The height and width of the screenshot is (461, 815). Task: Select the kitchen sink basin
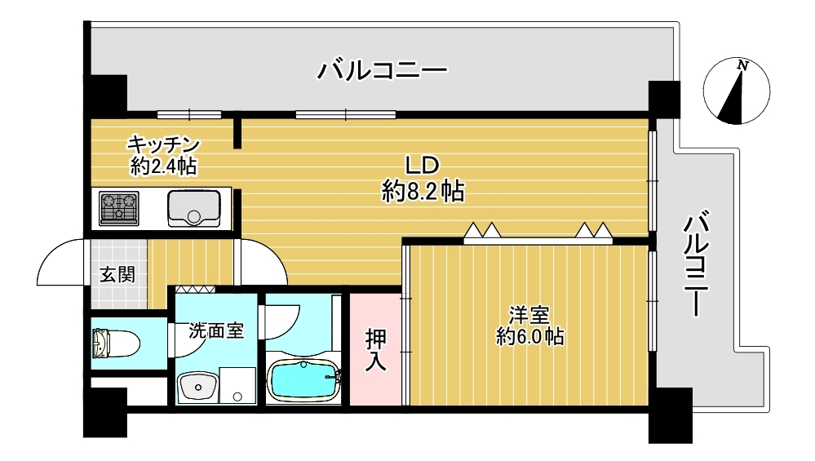coord(193,208)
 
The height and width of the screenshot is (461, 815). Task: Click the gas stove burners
coord(119,208)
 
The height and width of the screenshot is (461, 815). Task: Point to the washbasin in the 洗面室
coord(197,388)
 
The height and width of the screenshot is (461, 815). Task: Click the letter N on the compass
coord(743,66)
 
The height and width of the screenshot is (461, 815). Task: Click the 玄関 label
coord(117,274)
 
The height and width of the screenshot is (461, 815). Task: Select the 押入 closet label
coord(375,350)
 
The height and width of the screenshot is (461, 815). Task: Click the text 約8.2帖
coord(423,191)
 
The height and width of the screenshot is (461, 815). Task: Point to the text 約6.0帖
coord(529,337)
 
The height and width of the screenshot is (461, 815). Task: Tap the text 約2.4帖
coord(163,166)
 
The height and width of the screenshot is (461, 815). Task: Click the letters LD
coord(423,166)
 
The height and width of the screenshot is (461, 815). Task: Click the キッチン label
coord(164,144)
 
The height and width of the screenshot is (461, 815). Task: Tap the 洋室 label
coord(529,315)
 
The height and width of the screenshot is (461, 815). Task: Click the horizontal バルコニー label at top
coord(382,70)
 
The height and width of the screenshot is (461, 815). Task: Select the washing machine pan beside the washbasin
coord(237,385)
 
